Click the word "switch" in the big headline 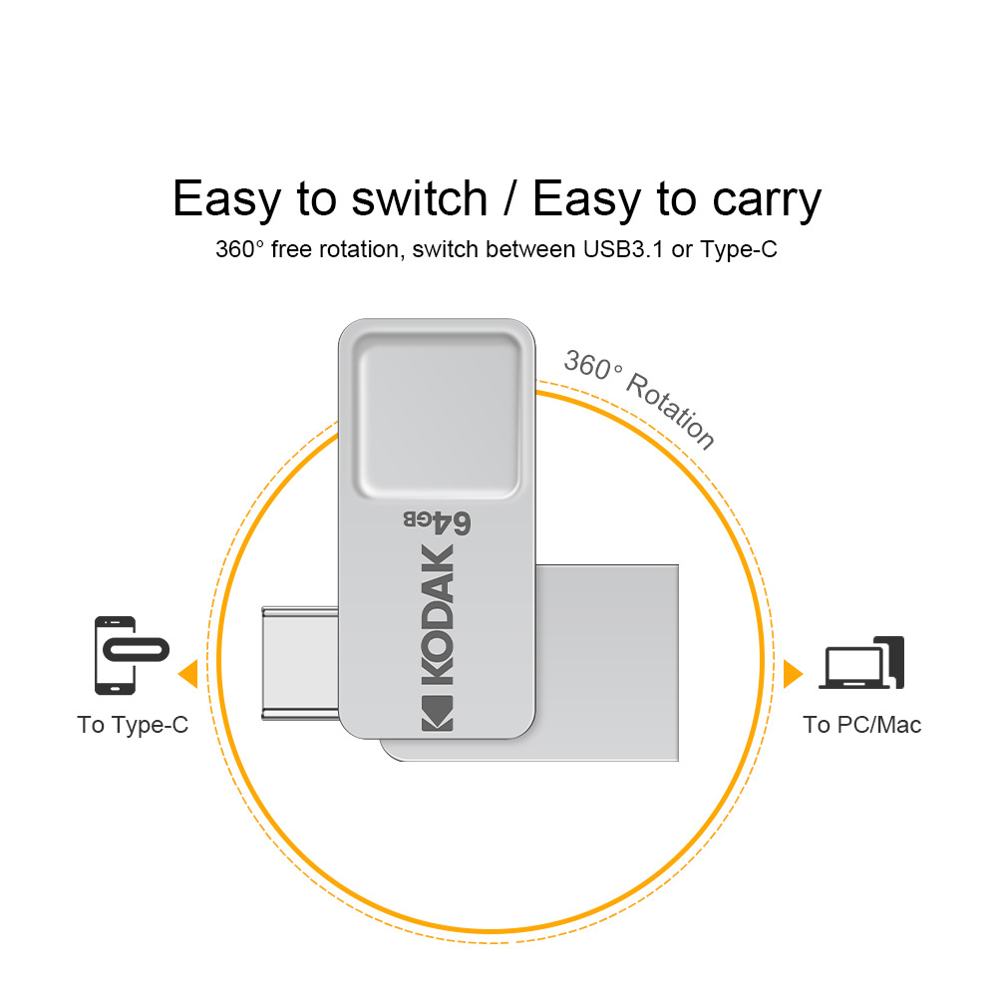(x=419, y=198)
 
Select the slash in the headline (x=509, y=198)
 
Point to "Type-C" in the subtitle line (x=739, y=249)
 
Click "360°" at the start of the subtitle (x=239, y=249)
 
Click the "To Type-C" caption (x=133, y=725)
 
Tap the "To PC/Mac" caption (x=862, y=725)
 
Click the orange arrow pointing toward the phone (x=187, y=674)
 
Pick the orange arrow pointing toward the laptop (x=793, y=673)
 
